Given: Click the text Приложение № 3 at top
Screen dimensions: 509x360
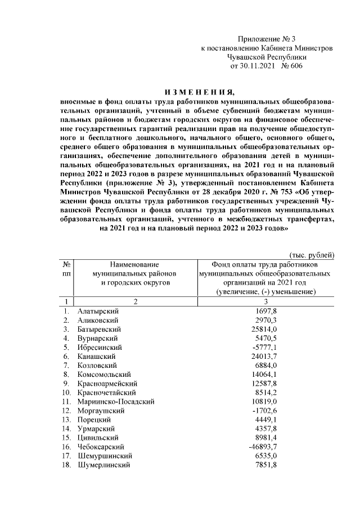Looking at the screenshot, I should (266, 39).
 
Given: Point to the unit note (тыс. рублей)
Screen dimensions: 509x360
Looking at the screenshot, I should (312, 255).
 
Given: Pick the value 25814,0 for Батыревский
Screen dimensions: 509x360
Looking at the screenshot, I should (266, 328).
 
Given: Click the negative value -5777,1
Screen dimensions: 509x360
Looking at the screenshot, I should (266, 347).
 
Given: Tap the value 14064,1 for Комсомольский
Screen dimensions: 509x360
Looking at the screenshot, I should (266, 374).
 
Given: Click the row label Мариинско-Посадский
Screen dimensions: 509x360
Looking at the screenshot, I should (116, 402).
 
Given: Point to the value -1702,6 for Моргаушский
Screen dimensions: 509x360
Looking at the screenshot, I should (266, 411).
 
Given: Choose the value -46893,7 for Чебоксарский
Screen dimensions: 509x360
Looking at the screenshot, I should (264, 447).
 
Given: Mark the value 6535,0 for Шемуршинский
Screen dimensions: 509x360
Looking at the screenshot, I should (266, 456).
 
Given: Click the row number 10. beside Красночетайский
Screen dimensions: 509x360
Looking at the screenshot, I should (66, 393).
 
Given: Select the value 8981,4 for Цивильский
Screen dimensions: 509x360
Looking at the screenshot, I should (266, 438).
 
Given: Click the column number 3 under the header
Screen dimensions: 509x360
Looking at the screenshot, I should (265, 301).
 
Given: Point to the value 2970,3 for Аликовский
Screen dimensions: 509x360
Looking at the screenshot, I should (266, 319).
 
